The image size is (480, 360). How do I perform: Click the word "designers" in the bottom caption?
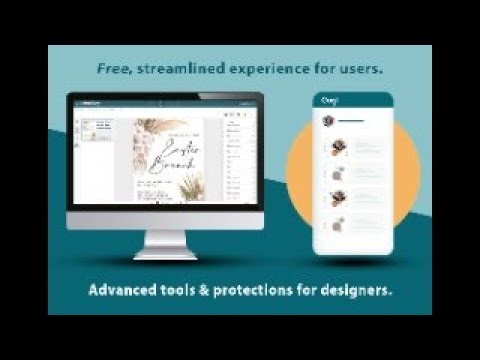pos(355,292)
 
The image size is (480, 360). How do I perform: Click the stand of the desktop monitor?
pos(166,244)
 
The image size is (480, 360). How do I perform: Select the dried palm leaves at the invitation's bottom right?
pos(190,185)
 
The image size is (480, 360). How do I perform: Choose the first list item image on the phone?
pos(338,147)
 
